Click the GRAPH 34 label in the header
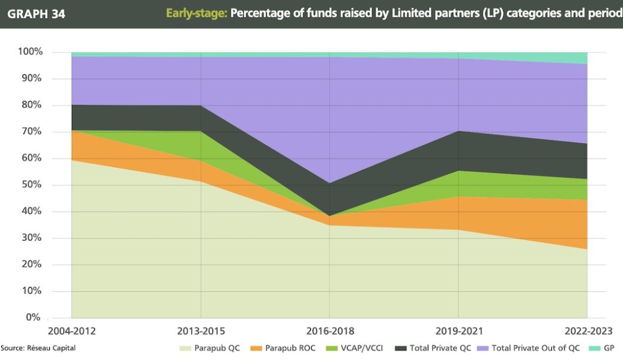point(36,13)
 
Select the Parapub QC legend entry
point(209,348)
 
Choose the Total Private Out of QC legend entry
point(531,348)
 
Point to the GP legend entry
point(599,348)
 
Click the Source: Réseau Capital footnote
point(38,348)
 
